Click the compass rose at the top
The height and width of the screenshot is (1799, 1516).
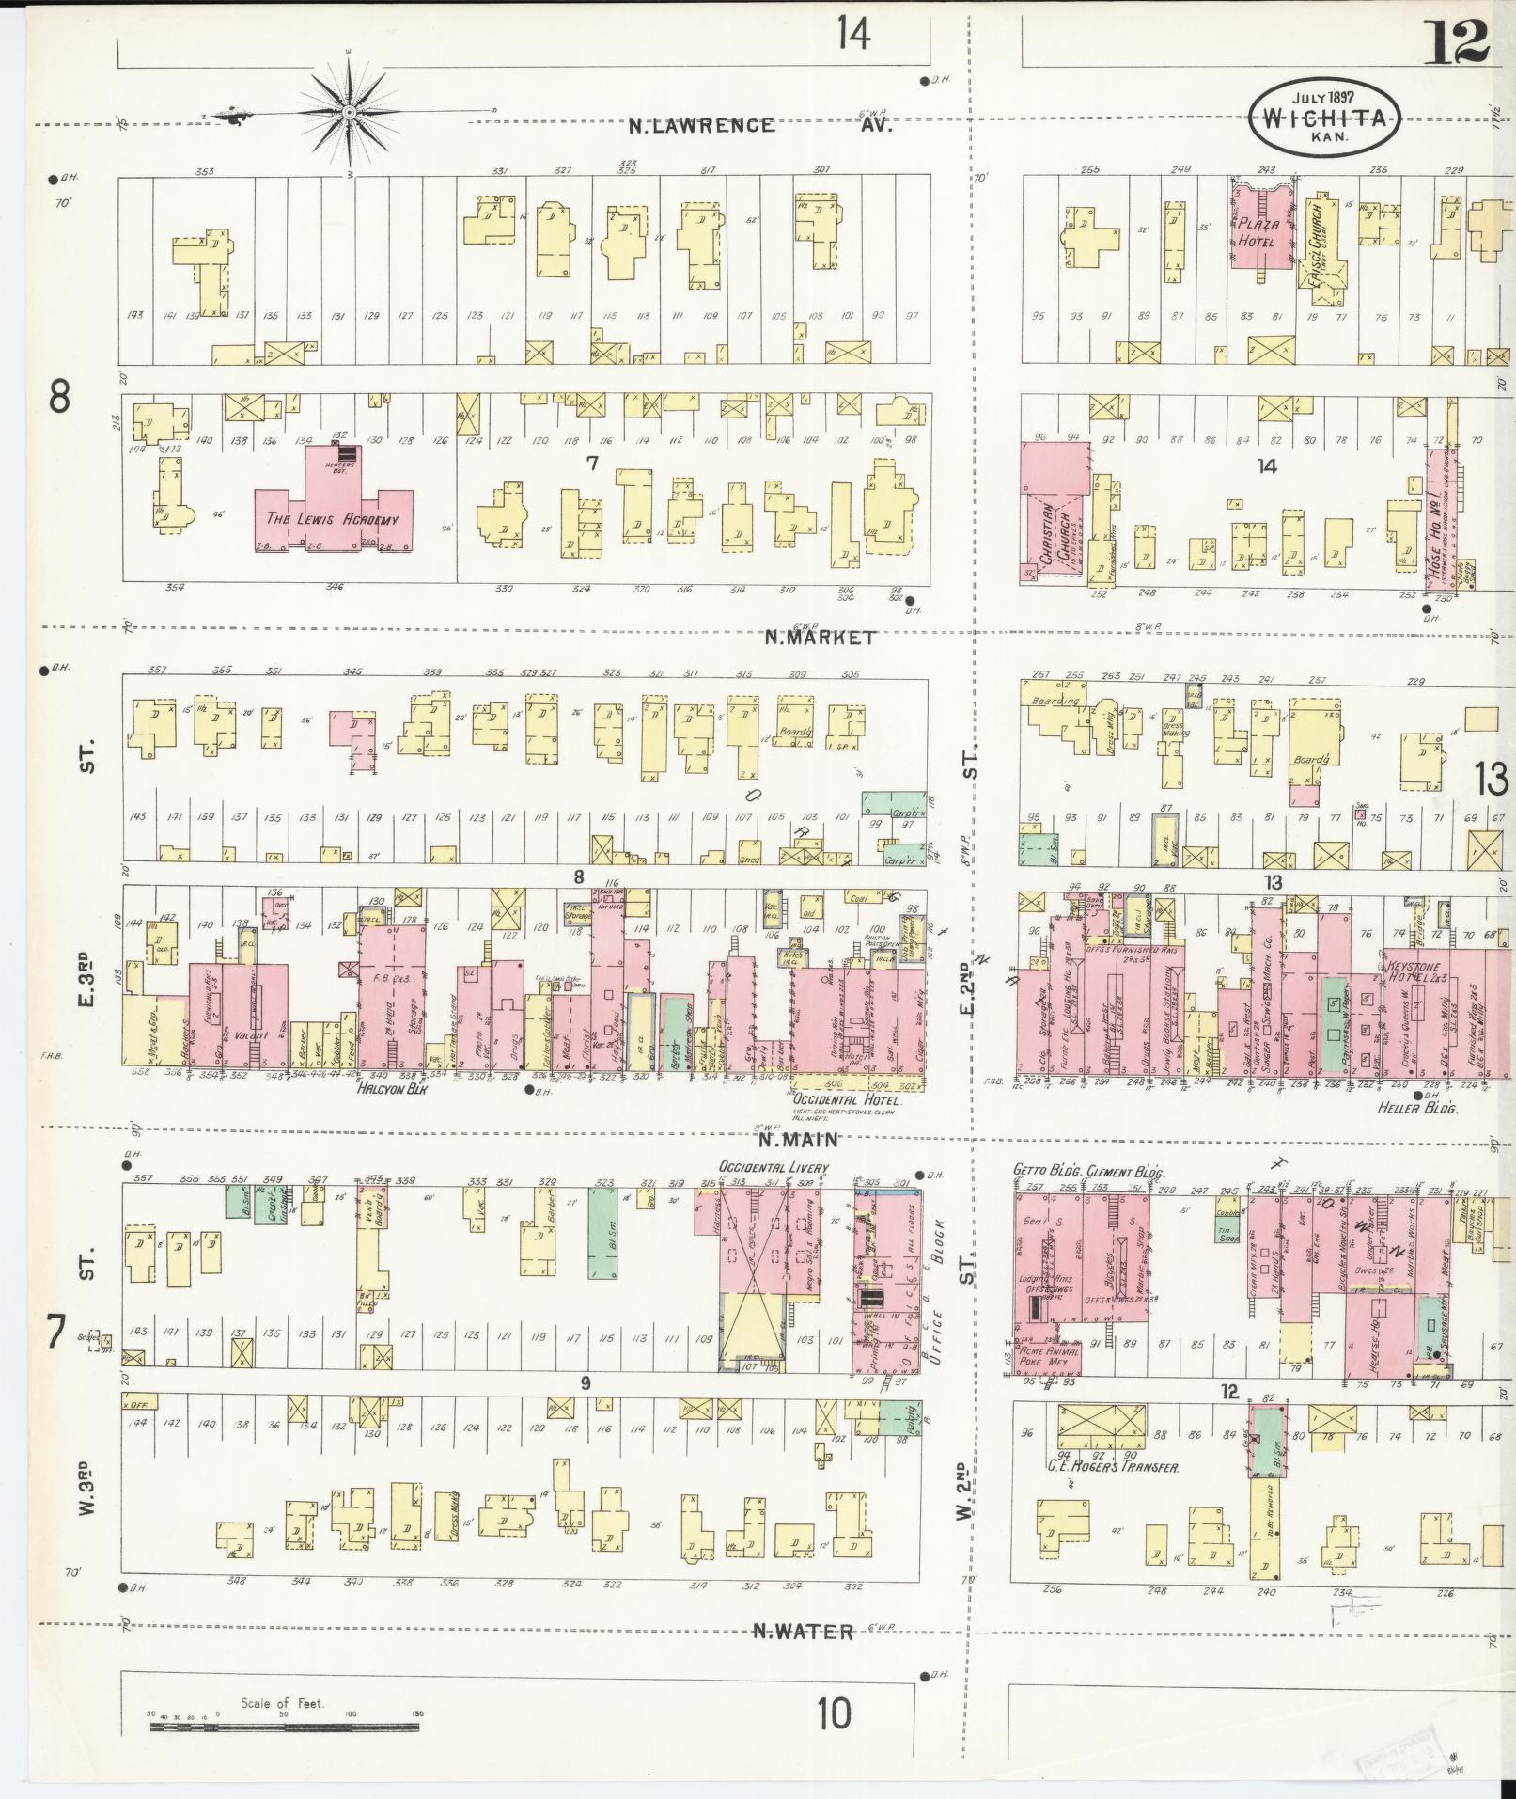tap(349, 112)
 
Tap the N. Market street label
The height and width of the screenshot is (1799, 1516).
tap(820, 638)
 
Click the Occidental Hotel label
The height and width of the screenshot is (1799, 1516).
tap(846, 1099)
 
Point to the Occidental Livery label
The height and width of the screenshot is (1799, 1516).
tap(774, 1168)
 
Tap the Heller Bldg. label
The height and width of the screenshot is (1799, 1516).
tap(1416, 1109)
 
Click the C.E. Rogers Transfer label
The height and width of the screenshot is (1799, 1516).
tap(1113, 1466)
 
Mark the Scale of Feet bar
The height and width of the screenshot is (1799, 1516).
tap(282, 1727)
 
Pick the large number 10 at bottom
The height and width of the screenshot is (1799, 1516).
tap(833, 1712)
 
